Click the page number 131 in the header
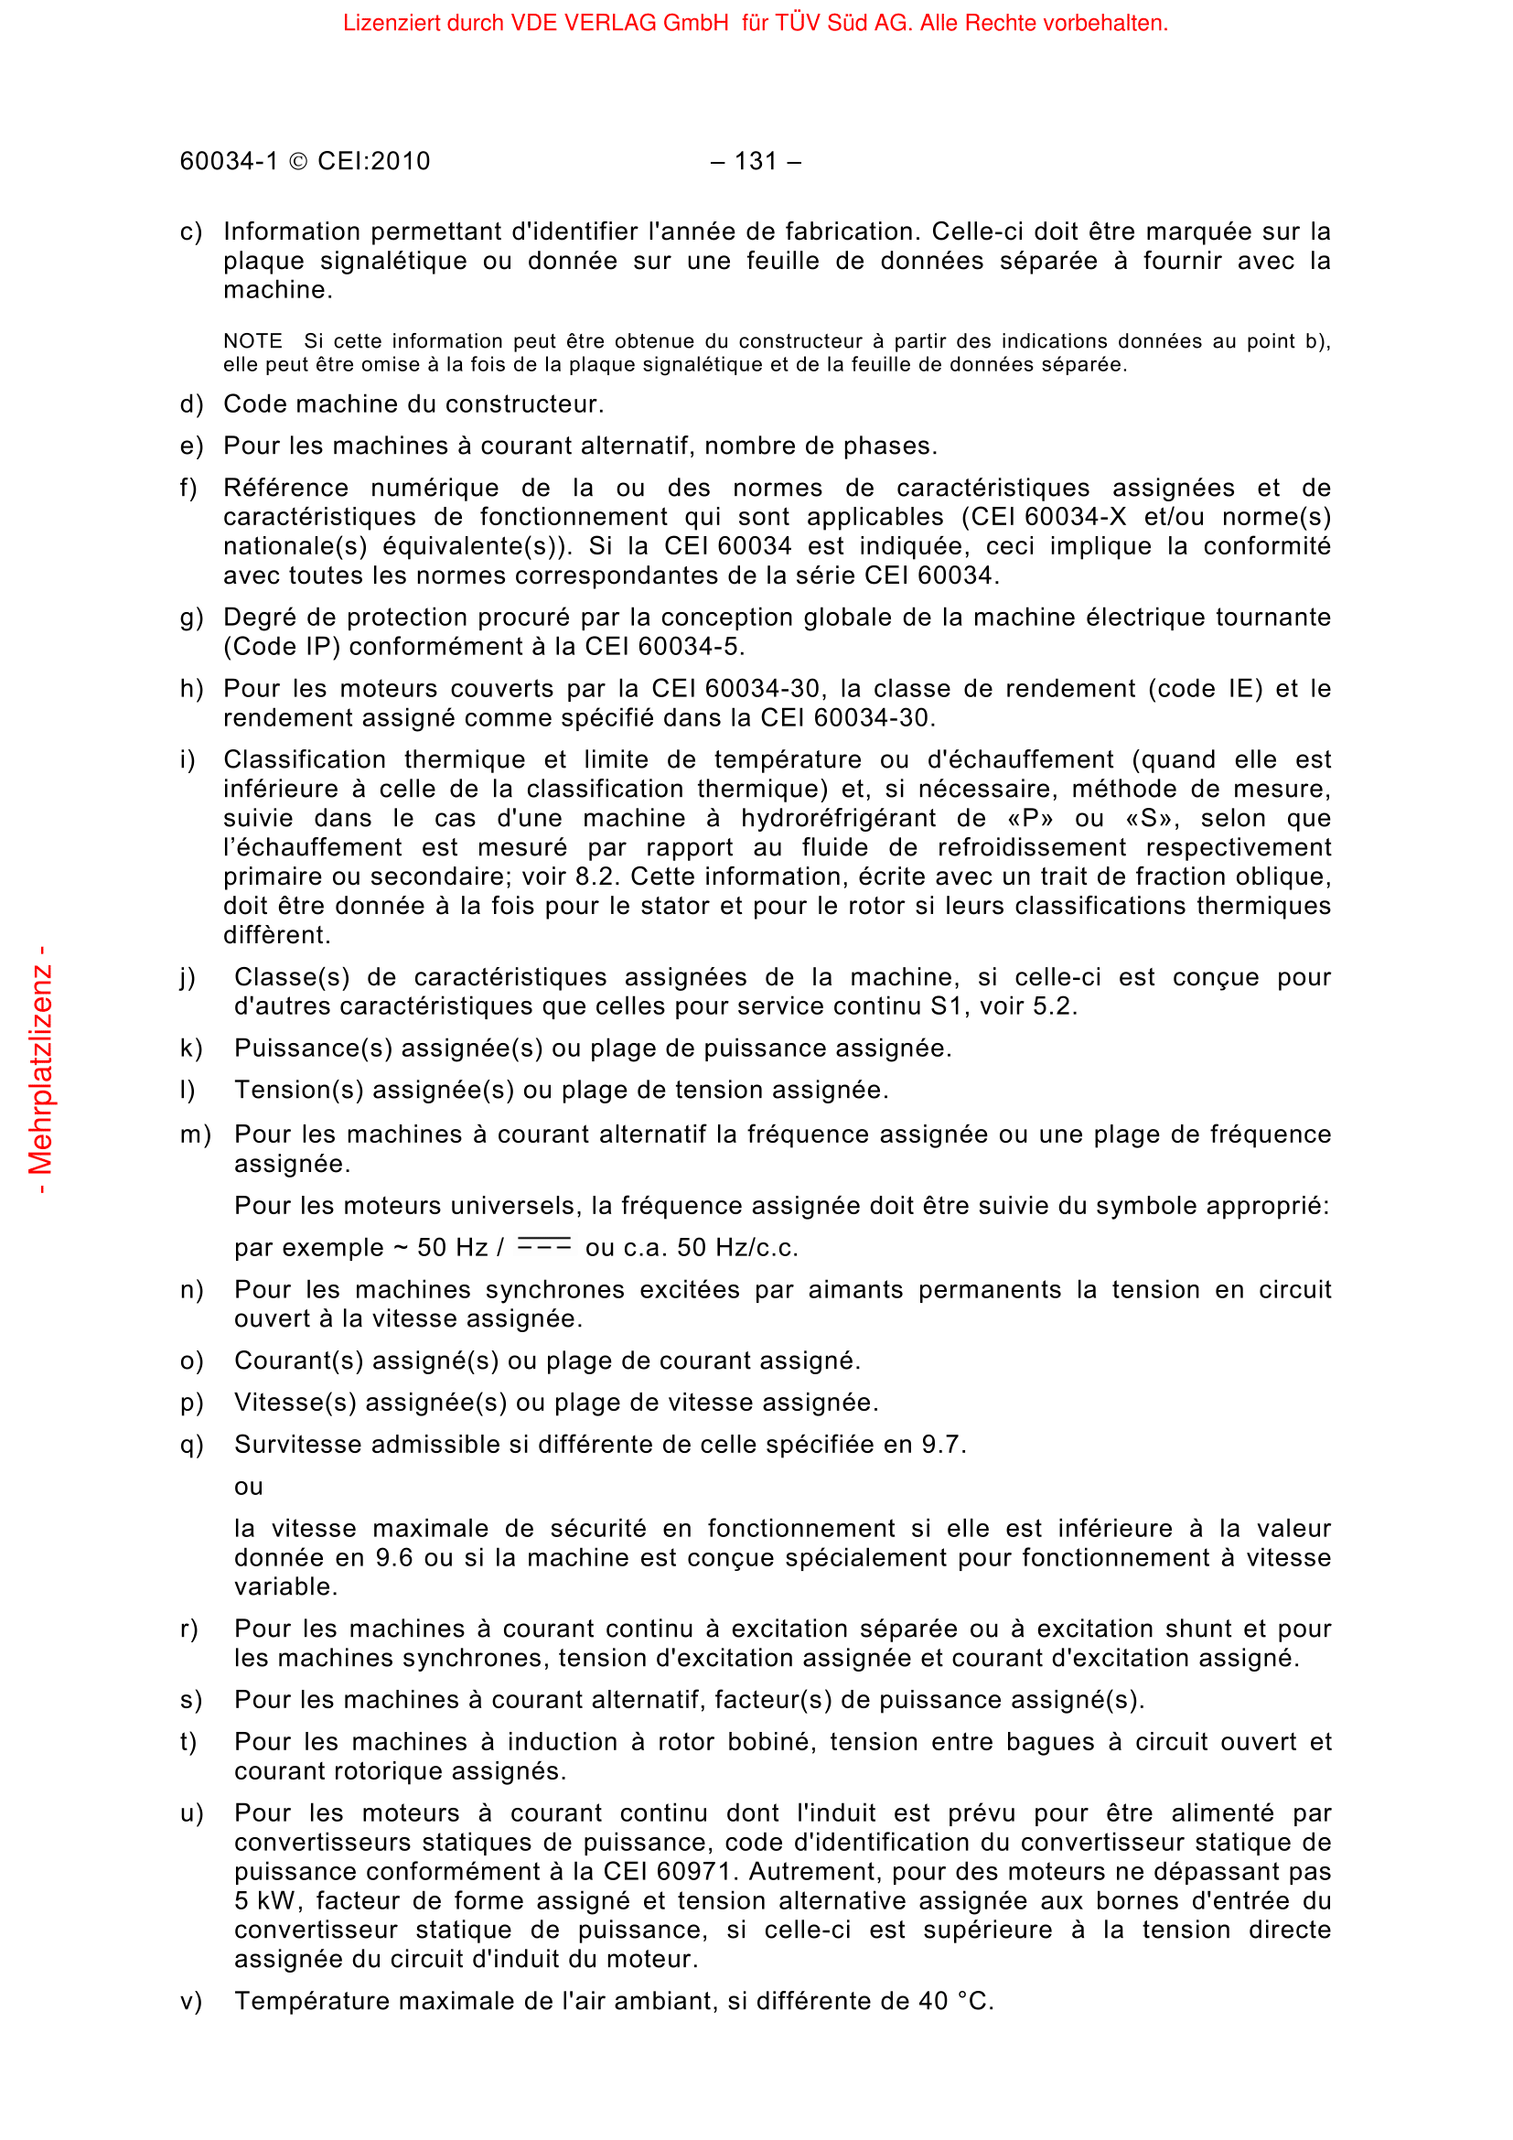pyautogui.click(x=755, y=161)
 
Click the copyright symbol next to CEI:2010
pyautogui.click(x=298, y=162)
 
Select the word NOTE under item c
pyautogui.click(x=252, y=341)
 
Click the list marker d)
pyautogui.click(x=191, y=404)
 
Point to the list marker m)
pyautogui.click(x=195, y=1135)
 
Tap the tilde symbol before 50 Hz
pyautogui.click(x=401, y=1247)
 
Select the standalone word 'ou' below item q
pyautogui.click(x=249, y=1487)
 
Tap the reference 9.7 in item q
pyautogui.click(x=943, y=1445)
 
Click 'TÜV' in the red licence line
pyautogui.click(x=797, y=22)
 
